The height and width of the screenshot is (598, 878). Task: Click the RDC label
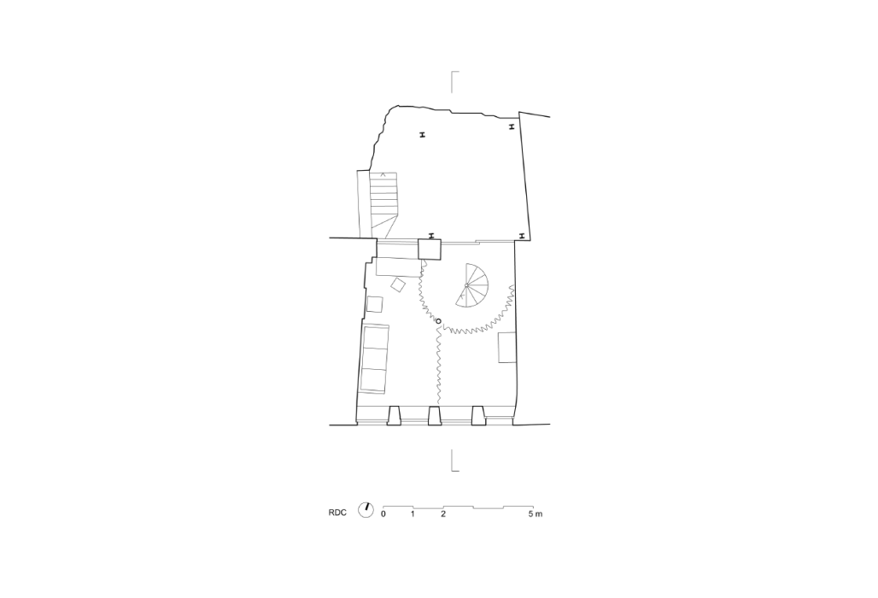(x=337, y=513)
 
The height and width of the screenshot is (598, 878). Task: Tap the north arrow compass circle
(x=366, y=510)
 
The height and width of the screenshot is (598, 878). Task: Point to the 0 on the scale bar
(x=383, y=513)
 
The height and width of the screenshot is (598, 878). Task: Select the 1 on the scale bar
(x=413, y=513)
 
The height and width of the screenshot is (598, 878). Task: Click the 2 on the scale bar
(x=443, y=513)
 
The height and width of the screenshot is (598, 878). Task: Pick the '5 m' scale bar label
(x=535, y=513)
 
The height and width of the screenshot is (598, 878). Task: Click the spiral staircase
(x=471, y=285)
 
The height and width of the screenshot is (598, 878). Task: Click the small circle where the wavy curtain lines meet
(x=438, y=321)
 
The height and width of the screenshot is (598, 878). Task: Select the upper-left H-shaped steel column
(x=423, y=134)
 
